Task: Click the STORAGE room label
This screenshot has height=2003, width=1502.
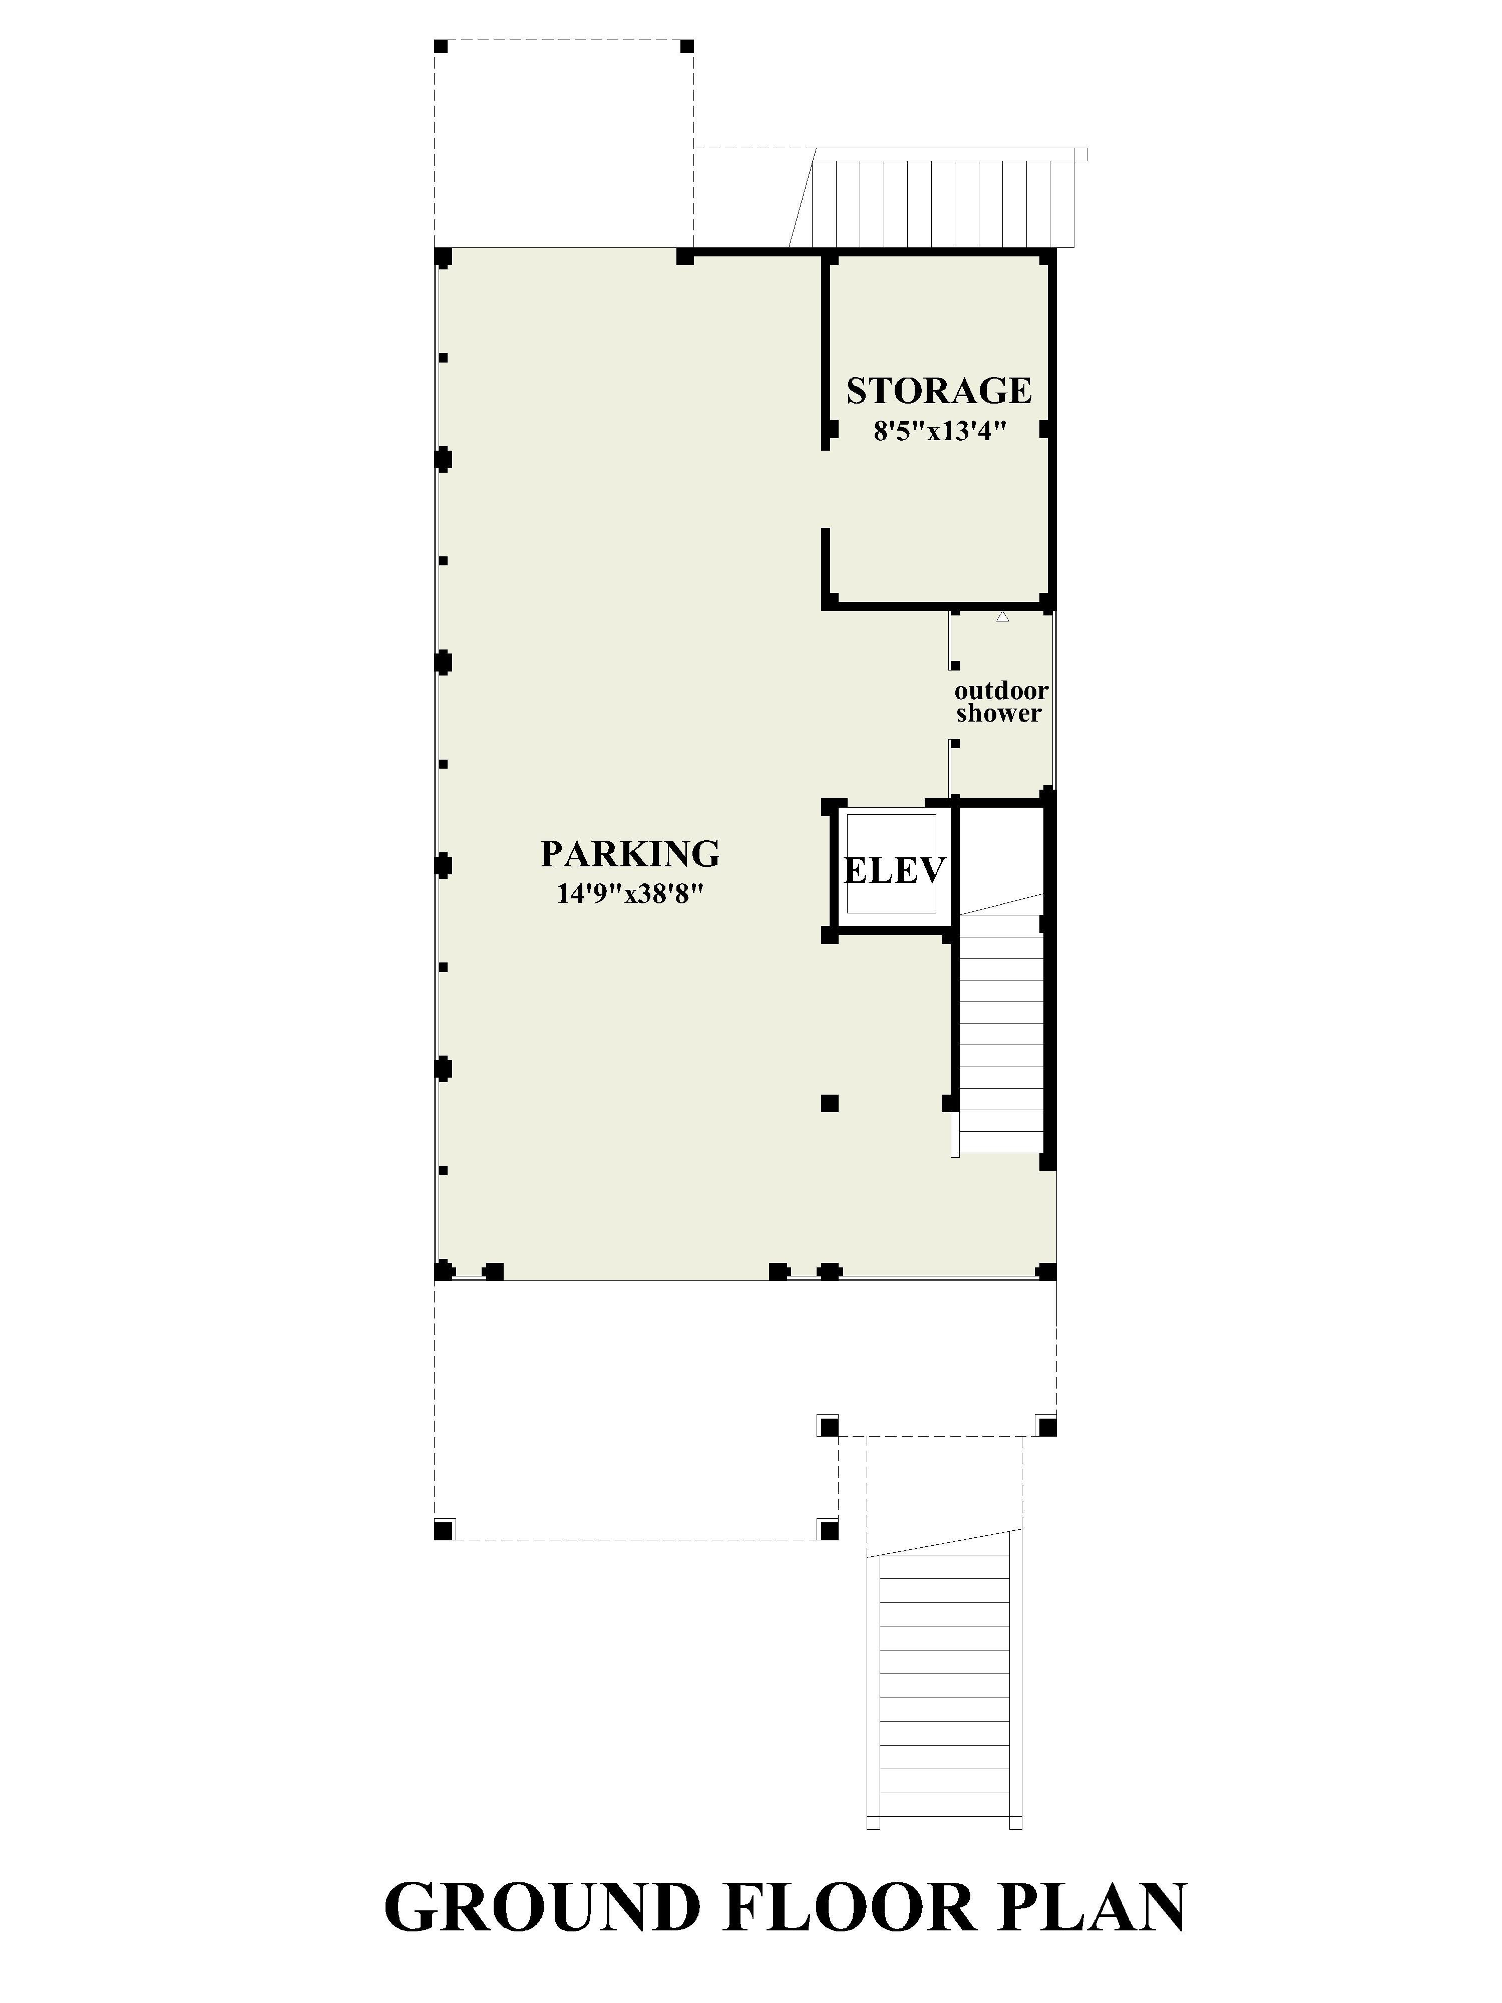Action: click(x=939, y=390)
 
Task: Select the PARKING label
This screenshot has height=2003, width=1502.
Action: click(x=630, y=853)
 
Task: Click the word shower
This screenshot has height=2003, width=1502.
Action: click(x=999, y=714)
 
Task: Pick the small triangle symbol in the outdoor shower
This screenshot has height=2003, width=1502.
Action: click(x=1002, y=616)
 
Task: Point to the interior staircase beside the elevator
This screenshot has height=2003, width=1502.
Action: click(x=1000, y=1023)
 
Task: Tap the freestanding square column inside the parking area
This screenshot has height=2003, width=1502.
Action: click(x=829, y=1103)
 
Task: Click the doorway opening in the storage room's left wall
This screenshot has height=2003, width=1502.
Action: click(x=826, y=489)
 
